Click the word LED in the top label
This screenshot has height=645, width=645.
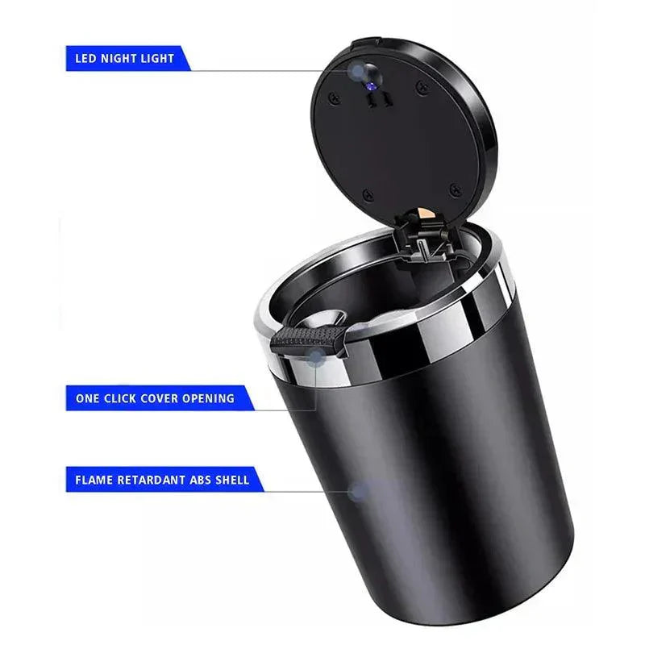85,59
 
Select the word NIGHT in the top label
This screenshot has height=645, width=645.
119,59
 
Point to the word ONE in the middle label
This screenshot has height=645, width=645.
87,398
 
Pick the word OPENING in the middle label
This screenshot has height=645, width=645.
212,398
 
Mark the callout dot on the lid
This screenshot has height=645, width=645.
357,73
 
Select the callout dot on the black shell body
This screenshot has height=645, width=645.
360,490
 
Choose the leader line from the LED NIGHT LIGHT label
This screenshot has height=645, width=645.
266,71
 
